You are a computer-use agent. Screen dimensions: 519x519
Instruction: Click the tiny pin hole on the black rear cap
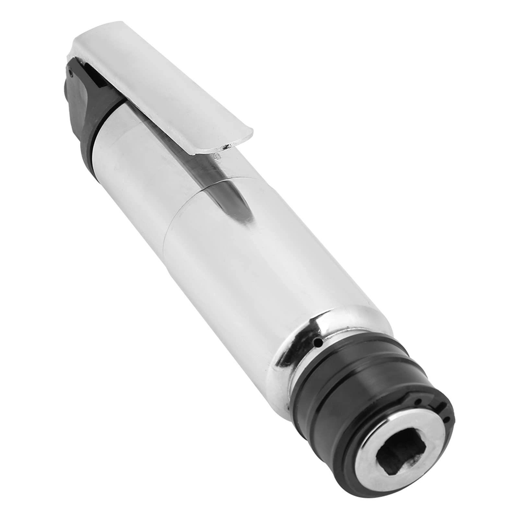pos(71,74)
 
